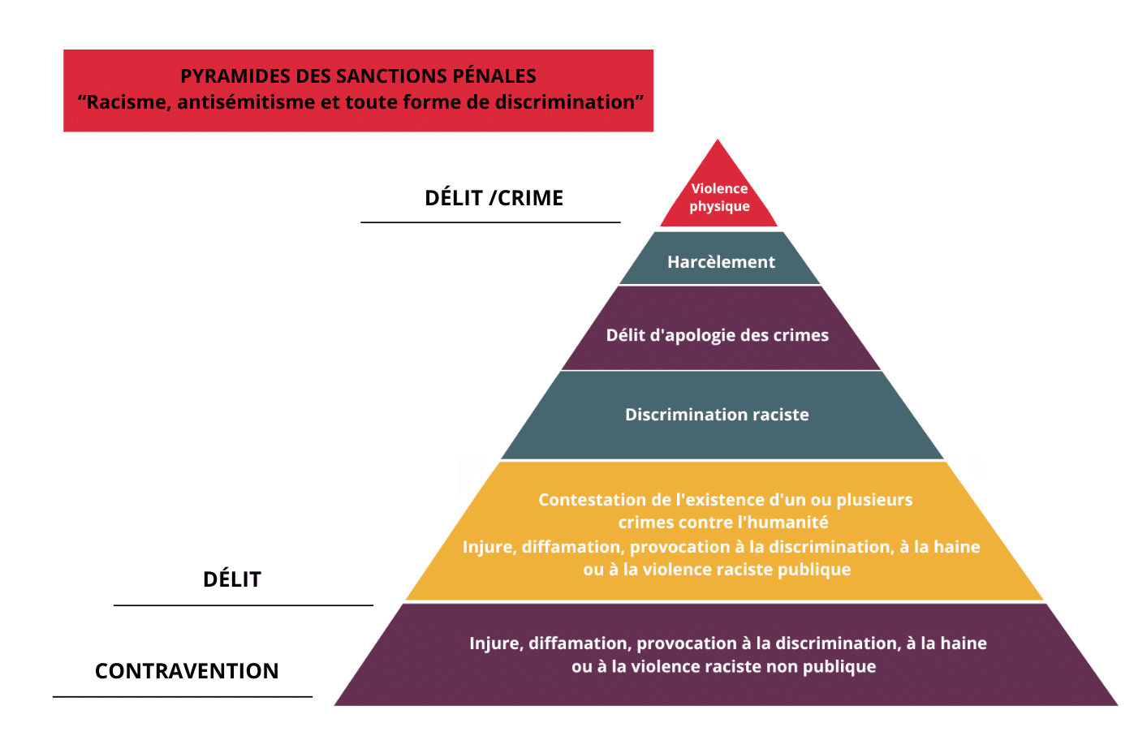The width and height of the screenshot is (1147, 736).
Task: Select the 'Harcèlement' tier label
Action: tap(721, 262)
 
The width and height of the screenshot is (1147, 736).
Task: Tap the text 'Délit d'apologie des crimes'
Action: tap(717, 335)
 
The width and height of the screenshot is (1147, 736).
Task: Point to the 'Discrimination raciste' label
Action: tap(717, 415)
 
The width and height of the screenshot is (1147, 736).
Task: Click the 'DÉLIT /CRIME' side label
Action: tap(494, 198)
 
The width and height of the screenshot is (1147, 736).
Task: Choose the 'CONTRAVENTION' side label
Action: tap(187, 671)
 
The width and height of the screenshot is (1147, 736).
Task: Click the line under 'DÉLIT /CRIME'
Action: tap(490, 222)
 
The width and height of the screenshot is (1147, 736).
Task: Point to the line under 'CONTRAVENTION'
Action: tap(183, 696)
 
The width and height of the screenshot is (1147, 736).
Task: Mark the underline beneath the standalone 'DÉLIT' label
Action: tap(244, 605)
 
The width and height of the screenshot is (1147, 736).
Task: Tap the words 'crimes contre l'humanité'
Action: tap(723, 523)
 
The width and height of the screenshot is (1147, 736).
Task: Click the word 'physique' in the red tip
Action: tap(719, 207)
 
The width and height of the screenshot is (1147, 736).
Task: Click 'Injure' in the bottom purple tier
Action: tap(495, 643)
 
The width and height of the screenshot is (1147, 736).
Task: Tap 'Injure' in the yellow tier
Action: tap(489, 547)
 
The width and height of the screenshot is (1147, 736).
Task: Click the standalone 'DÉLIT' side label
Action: tap(232, 579)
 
